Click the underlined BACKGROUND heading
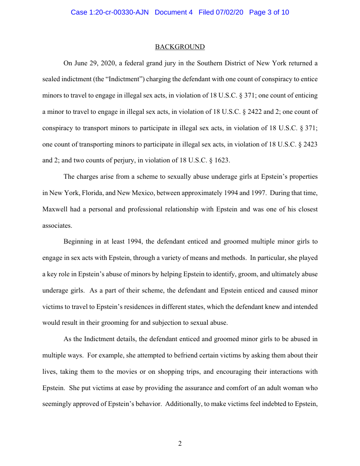(180, 47)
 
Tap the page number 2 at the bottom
(180, 443)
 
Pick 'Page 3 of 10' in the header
(269, 12)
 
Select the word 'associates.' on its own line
(57, 225)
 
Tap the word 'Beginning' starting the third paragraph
(78, 241)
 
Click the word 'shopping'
(169, 372)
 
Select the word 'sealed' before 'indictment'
(51, 79)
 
